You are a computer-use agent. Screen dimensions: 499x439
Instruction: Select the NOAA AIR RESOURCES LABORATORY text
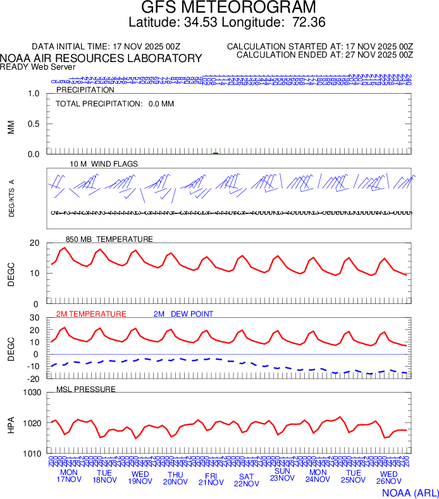coord(101,58)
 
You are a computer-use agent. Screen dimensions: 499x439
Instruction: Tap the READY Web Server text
coord(38,66)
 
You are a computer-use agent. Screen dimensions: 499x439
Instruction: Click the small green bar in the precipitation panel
coord(216,153)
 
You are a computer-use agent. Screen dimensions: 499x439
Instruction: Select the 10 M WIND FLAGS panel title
coord(104,164)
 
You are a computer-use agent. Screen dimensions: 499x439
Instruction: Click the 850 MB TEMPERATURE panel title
coord(109,239)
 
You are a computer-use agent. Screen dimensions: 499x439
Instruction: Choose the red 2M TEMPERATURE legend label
coord(91,314)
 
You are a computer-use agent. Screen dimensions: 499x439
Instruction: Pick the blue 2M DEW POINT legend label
coord(183,314)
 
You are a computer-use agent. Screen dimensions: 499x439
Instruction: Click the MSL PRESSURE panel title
coord(86,389)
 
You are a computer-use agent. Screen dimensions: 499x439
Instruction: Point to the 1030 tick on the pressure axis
coord(31,393)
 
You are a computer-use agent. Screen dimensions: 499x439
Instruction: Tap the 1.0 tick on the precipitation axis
coord(35,94)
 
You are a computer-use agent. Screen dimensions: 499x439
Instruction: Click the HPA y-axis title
coord(11,423)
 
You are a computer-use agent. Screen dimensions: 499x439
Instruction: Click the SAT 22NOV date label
coord(247,480)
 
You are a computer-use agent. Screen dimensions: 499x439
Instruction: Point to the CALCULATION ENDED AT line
coord(325,55)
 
